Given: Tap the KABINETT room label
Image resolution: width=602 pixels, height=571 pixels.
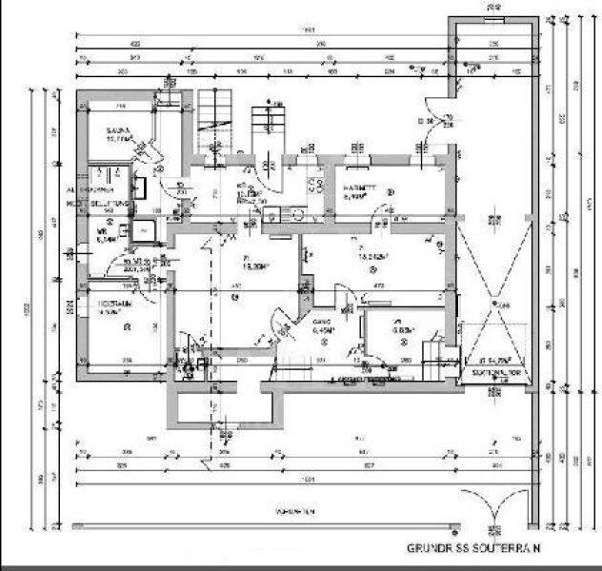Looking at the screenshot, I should [362, 188].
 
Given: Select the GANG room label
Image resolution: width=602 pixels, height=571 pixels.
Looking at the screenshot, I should [322, 323].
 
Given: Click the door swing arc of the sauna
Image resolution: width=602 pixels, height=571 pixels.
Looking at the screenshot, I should [145, 152].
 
